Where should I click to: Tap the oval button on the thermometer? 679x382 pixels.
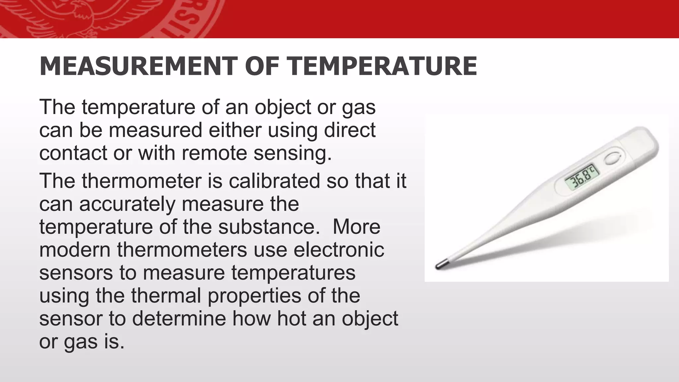pyautogui.click(x=612, y=159)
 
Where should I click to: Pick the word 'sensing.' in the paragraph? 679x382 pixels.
pyautogui.click(x=293, y=154)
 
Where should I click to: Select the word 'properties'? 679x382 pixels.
pyautogui.click(x=255, y=296)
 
